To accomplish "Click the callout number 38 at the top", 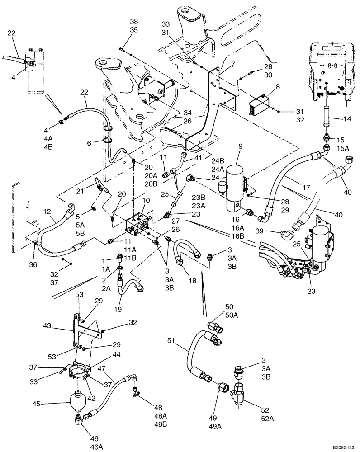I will point(121,21).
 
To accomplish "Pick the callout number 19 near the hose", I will point(118,310).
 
